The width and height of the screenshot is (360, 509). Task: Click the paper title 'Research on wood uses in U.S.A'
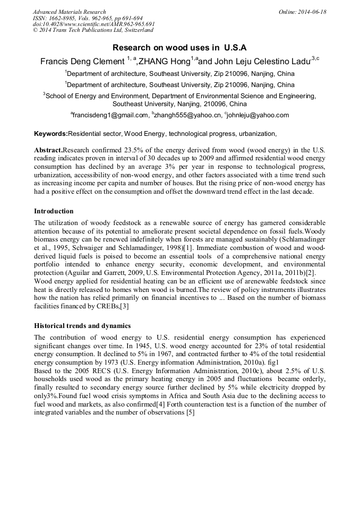(179, 47)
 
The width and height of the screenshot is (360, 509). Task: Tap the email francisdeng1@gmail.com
(111, 115)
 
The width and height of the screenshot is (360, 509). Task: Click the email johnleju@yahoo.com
(259, 115)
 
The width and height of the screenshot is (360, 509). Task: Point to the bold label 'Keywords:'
(51, 134)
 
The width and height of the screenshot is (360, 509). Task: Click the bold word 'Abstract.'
(48, 150)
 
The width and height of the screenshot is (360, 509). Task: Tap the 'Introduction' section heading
(54, 211)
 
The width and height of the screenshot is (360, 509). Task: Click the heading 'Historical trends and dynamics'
(82, 325)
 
